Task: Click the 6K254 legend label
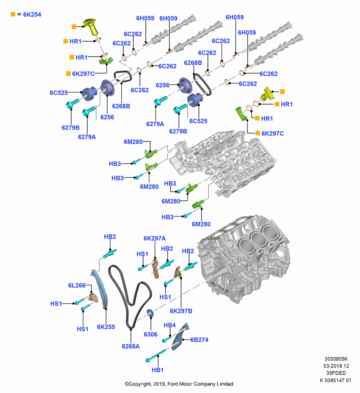[32, 15]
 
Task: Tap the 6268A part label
[130, 346]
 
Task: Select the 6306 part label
[151, 334]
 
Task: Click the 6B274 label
[199, 340]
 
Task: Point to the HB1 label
[158, 370]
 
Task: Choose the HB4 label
[170, 325]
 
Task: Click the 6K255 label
[106, 327]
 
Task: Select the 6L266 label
[77, 285]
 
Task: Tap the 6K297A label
[155, 239]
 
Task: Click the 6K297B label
[181, 311]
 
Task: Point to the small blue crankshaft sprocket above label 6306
[151, 313]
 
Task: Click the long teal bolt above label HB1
[155, 356]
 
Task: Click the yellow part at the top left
[91, 26]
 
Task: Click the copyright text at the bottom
[179, 384]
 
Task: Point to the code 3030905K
[336, 359]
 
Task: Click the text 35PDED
[336, 373]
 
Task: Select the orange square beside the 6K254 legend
[13, 14]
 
